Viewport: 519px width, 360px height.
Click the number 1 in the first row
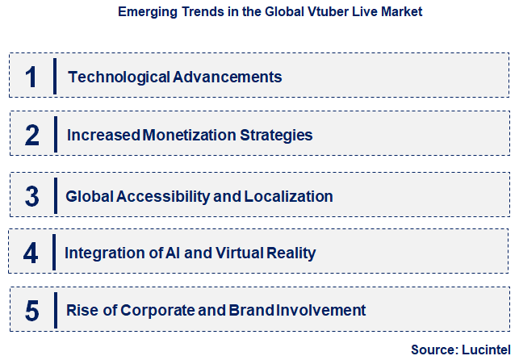[x=31, y=77]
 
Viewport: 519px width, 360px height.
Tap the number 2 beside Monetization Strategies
[x=32, y=135]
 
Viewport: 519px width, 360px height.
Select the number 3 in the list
[x=32, y=196]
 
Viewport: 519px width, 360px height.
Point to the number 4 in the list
[x=31, y=253]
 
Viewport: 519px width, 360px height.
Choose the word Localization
[x=290, y=196]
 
